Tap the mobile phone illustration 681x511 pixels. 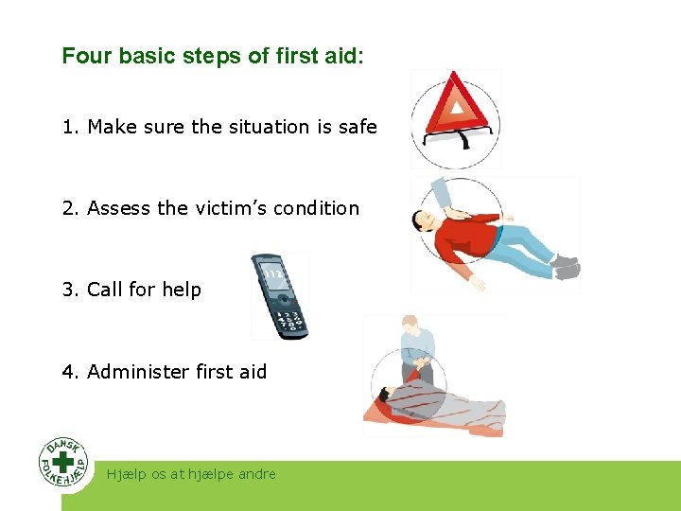pyautogui.click(x=279, y=296)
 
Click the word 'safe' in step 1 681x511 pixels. pyautogui.click(x=357, y=127)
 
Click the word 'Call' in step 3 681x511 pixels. pyautogui.click(x=105, y=290)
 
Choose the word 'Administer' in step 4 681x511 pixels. pyautogui.click(x=138, y=372)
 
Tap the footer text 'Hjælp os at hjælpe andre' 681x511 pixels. pyautogui.click(x=192, y=474)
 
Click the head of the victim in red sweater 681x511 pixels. pyautogui.click(x=422, y=222)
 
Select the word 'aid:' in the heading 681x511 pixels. pyautogui.click(x=343, y=56)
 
